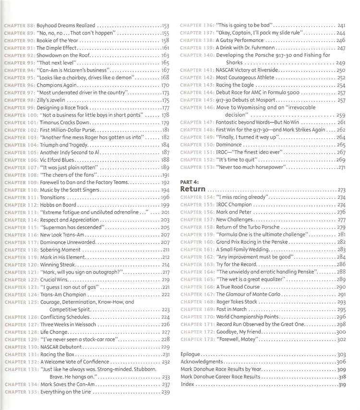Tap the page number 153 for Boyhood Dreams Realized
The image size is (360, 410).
pyautogui.click(x=166, y=25)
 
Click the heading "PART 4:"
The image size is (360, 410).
pyautogui.click(x=189, y=183)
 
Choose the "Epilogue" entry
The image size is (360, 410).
pyautogui.click(x=190, y=354)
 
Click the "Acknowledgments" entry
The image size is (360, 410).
pyautogui.click(x=202, y=362)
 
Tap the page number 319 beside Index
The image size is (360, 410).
pyautogui.click(x=342, y=385)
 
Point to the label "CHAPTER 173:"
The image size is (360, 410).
pyautogui.click(x=197, y=339)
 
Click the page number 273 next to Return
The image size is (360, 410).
pyautogui.click(x=342, y=190)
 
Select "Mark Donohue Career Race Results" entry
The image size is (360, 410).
pyautogui.click(x=221, y=377)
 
